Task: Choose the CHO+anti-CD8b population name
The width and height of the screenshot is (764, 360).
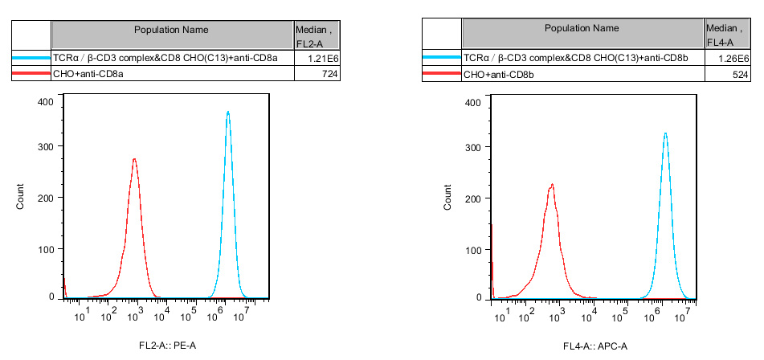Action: (499, 74)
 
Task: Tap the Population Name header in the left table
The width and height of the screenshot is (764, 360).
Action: (171, 30)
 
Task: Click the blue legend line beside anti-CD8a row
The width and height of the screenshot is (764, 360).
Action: (31, 59)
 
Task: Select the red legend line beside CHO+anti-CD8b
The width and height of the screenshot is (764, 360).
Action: (442, 74)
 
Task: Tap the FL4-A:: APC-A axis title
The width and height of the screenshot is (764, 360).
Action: (594, 346)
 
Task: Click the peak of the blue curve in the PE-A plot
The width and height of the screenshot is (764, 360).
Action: (228, 112)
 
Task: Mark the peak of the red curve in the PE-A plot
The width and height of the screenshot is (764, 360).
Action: (134, 159)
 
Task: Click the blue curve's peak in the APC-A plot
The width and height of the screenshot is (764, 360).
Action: (665, 134)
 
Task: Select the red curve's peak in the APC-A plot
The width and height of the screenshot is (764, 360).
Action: (552, 185)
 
